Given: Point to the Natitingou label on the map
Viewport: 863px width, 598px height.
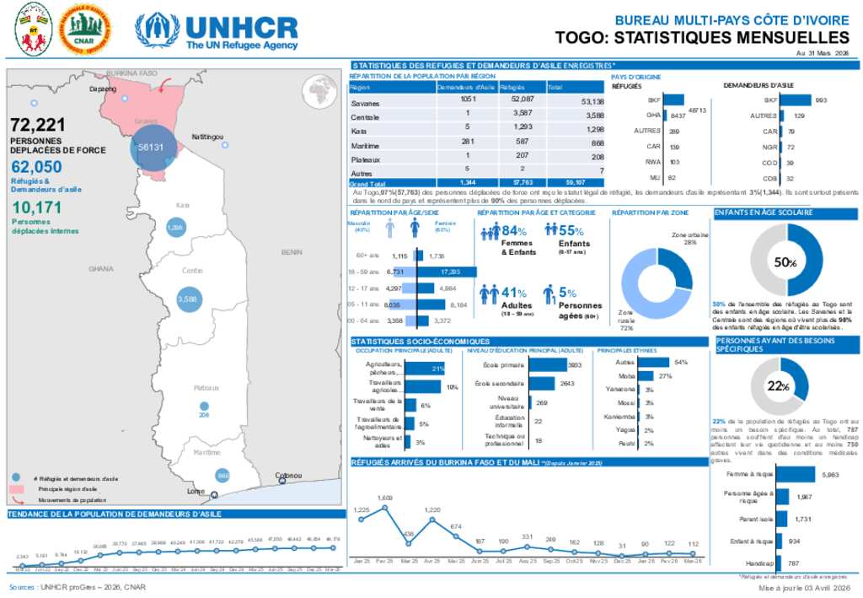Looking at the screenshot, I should tap(206, 136).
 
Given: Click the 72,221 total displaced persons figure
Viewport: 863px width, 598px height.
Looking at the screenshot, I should tap(38, 126).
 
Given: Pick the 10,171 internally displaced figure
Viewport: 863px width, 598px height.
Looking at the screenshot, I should tap(35, 207).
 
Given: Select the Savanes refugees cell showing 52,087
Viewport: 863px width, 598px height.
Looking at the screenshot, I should tap(517, 100).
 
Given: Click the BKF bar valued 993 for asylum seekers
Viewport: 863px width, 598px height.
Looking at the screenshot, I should tap(796, 100).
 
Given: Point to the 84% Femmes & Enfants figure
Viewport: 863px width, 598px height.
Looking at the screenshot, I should tap(513, 231).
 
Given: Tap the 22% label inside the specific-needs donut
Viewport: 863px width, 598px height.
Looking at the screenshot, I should tap(778, 386).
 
